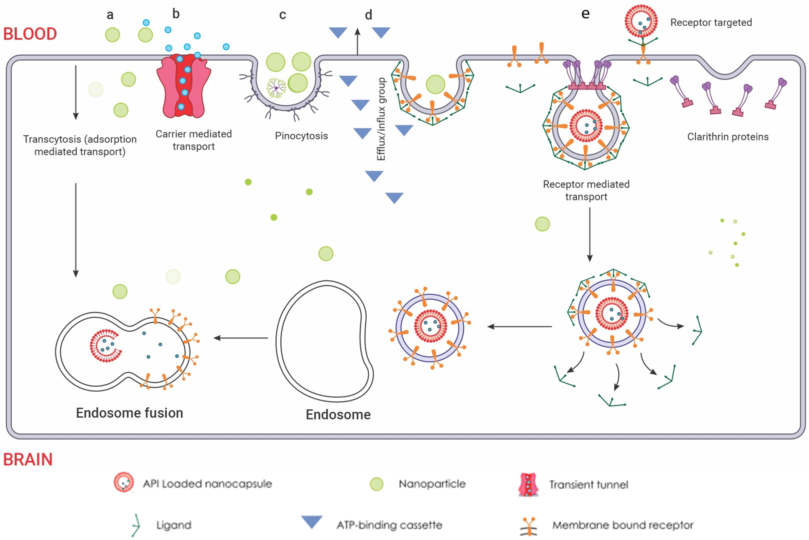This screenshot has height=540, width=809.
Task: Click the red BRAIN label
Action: click(x=28, y=459)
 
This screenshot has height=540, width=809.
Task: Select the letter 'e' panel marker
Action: click(x=585, y=14)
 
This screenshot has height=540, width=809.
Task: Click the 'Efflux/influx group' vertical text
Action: click(x=381, y=119)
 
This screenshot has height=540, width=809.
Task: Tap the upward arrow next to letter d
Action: click(x=358, y=41)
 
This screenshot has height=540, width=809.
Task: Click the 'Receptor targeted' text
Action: click(x=711, y=22)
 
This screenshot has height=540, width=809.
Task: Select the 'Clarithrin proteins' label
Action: click(x=728, y=137)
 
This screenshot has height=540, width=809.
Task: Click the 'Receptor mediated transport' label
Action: click(x=586, y=190)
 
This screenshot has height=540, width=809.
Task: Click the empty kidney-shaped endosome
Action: click(x=324, y=341)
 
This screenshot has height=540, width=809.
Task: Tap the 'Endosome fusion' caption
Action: click(x=129, y=413)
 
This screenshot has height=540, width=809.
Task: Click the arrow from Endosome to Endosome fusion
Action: click(x=241, y=338)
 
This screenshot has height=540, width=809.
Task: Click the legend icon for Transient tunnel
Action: click(x=528, y=485)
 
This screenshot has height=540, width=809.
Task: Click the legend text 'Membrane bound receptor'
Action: click(x=623, y=525)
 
